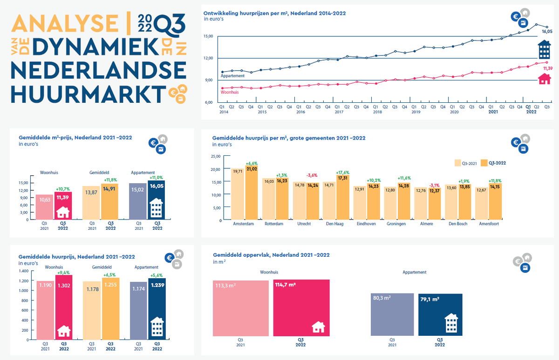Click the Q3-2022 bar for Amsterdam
252,193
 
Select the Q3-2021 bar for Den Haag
329,201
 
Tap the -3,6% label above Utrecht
312,175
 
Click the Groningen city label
396,224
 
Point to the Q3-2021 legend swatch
457,163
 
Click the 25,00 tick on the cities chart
216,156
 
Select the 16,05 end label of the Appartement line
547,32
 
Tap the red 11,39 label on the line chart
548,68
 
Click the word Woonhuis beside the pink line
230,92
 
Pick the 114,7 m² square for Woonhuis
301,308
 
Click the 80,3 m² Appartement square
392,314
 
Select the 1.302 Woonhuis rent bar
64,307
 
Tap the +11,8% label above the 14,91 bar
110,180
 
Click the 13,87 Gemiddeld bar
91,203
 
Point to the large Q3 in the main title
170,26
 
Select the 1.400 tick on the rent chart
24,271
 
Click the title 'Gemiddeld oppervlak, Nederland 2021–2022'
271,255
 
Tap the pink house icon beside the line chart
545,79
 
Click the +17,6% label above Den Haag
343,173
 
